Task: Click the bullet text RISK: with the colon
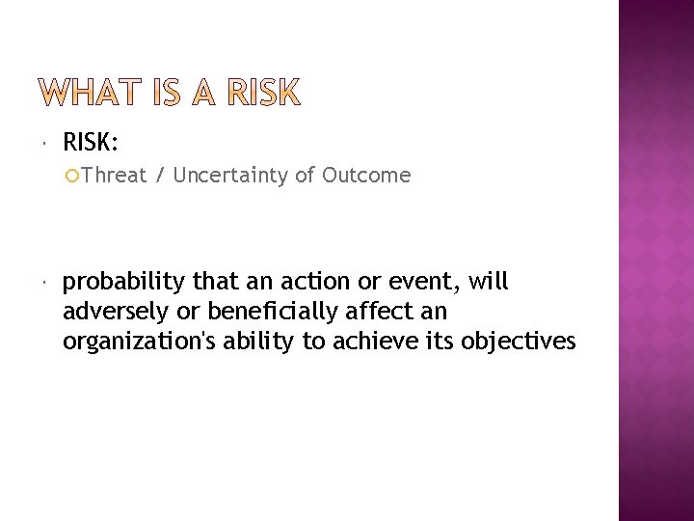coord(92,143)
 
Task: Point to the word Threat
coord(114,176)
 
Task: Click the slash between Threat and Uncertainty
coord(159,176)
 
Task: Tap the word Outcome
coord(366,176)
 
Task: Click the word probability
coord(123,283)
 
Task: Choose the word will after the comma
coord(490,283)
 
